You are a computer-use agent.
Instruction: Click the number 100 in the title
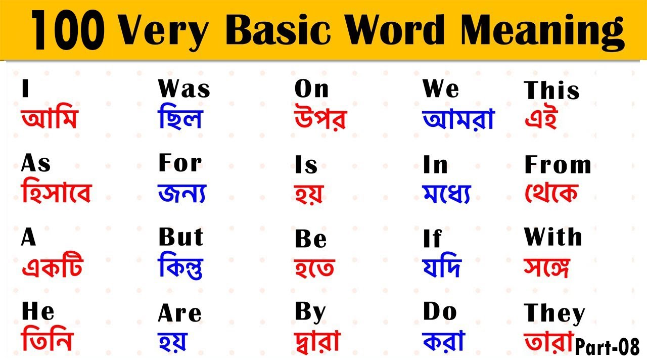click(68, 31)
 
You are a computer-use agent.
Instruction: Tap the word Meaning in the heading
click(542, 31)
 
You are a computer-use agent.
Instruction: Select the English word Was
click(184, 89)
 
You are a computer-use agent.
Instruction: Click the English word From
click(558, 165)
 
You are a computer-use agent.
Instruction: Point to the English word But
click(181, 238)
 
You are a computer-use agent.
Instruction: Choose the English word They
click(554, 313)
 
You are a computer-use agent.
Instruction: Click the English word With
click(553, 237)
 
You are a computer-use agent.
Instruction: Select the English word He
click(38, 312)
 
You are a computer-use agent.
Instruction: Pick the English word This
click(551, 91)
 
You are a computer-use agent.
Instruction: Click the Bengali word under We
click(458, 119)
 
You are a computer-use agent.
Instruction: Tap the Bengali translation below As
click(56, 192)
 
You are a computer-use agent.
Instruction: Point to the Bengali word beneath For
click(182, 193)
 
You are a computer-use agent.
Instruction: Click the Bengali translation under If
click(442, 266)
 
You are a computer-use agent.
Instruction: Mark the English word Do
click(440, 312)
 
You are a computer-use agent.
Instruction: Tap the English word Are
click(179, 314)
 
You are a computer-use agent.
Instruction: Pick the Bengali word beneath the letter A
click(52, 266)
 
